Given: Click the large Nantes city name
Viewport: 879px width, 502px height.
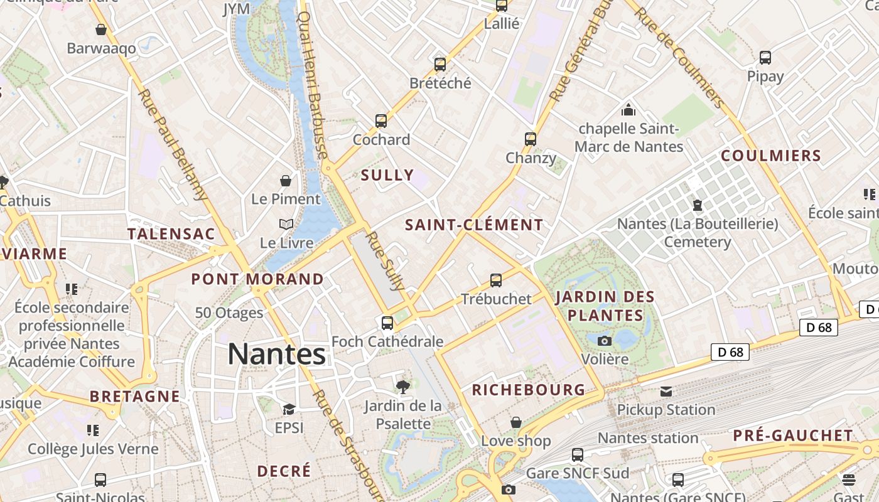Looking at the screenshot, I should pyautogui.click(x=276, y=354).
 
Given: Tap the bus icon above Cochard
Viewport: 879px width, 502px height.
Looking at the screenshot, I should pyautogui.click(x=380, y=120).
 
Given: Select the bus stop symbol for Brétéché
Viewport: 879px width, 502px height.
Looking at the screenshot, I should pyautogui.click(x=440, y=64).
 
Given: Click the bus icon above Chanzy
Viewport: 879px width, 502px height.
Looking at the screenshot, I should pyautogui.click(x=531, y=139).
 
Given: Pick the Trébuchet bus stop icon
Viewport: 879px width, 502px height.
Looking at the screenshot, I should pyautogui.click(x=496, y=280).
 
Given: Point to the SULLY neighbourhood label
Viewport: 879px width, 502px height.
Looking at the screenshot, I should pyautogui.click(x=387, y=175).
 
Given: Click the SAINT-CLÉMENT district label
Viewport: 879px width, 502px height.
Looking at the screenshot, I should pyautogui.click(x=474, y=225).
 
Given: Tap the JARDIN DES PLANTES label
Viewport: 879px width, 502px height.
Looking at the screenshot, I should pyautogui.click(x=605, y=305).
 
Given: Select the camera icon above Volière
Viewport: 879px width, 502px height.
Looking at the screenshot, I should pyautogui.click(x=605, y=341).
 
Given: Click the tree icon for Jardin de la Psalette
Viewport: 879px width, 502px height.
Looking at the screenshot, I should pyautogui.click(x=403, y=387).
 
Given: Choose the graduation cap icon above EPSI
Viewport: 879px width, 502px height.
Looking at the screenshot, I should pyautogui.click(x=289, y=409).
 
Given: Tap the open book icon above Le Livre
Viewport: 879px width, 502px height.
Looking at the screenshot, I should pyautogui.click(x=286, y=224).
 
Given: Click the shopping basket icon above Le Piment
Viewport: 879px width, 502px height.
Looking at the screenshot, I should pyautogui.click(x=286, y=181).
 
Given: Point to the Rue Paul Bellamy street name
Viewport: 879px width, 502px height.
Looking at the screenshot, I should pyautogui.click(x=173, y=144).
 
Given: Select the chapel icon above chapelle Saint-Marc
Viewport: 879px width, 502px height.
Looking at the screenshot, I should pyautogui.click(x=628, y=110).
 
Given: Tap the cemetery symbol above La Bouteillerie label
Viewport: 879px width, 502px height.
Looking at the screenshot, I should pyautogui.click(x=697, y=205).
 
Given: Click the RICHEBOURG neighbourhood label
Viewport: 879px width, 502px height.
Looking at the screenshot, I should pyautogui.click(x=529, y=390).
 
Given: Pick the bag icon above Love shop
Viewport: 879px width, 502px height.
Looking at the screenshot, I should pyautogui.click(x=516, y=422).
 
